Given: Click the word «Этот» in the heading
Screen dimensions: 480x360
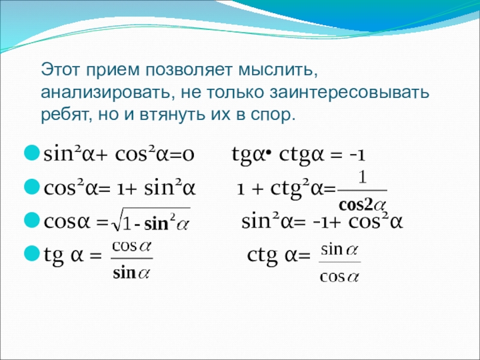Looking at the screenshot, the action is click(61, 70).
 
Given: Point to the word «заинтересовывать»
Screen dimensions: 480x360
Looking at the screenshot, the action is click(349, 92).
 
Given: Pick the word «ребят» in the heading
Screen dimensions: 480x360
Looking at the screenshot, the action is click(66, 115).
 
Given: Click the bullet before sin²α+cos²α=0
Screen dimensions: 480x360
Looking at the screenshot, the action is click(32, 152).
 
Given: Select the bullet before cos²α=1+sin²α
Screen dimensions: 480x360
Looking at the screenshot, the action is click(32, 187).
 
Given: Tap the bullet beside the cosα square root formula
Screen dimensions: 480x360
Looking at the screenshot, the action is click(32, 220).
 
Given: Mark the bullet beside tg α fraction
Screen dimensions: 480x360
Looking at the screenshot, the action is click(32, 253).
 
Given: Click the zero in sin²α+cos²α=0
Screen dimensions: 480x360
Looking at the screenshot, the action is click(188, 155).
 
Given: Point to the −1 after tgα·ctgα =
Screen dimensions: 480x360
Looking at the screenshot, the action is click(358, 155).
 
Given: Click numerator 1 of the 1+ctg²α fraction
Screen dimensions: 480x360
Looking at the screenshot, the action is click(362, 177).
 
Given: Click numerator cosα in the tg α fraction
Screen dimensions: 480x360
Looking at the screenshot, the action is click(131, 247).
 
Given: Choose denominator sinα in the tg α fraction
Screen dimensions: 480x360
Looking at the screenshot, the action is click(131, 272).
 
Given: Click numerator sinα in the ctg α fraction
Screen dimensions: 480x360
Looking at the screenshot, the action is click(339, 250).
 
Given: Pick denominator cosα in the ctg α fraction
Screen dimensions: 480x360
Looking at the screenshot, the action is click(339, 277).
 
